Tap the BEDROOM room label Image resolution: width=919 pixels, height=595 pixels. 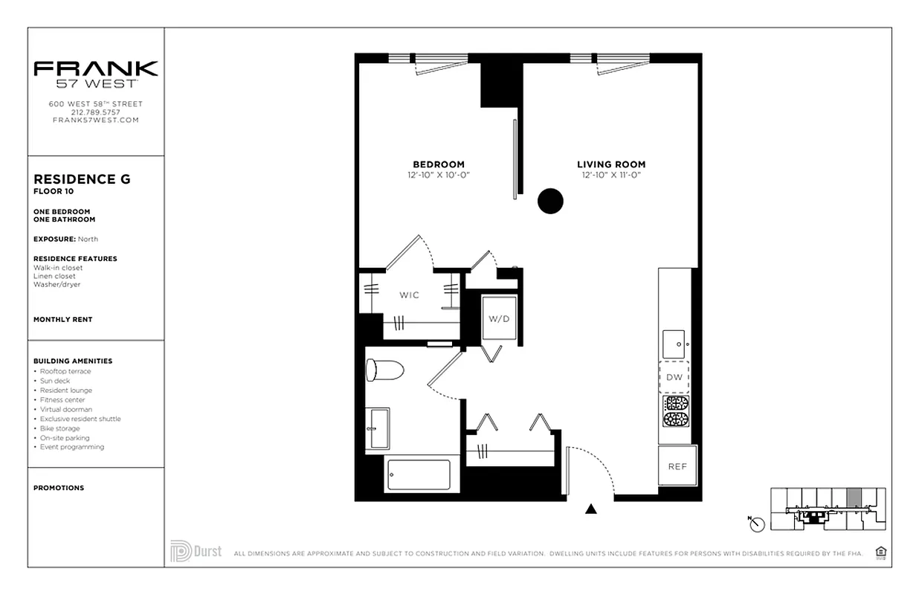[439, 164]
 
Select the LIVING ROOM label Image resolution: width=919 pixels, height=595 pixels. [611, 164]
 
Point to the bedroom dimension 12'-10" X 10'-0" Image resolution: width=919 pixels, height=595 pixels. [439, 175]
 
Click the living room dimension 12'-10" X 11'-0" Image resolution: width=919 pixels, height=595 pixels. [611, 175]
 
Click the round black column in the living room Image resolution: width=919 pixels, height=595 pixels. [550, 201]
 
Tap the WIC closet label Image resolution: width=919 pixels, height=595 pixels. [409, 295]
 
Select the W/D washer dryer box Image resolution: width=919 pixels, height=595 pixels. [499, 318]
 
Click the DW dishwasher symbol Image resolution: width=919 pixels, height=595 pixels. [674, 377]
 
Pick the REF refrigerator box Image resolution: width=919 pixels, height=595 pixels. [677, 466]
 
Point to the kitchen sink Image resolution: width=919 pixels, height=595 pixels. [674, 344]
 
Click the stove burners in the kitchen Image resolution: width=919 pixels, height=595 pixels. [676, 411]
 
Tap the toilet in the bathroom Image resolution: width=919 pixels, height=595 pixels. [384, 369]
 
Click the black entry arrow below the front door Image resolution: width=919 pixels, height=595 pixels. [591, 509]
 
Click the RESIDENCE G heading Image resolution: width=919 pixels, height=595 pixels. [82, 179]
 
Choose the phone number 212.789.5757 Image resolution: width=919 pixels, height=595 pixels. [95, 112]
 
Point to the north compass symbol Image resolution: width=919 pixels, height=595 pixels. [757, 524]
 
